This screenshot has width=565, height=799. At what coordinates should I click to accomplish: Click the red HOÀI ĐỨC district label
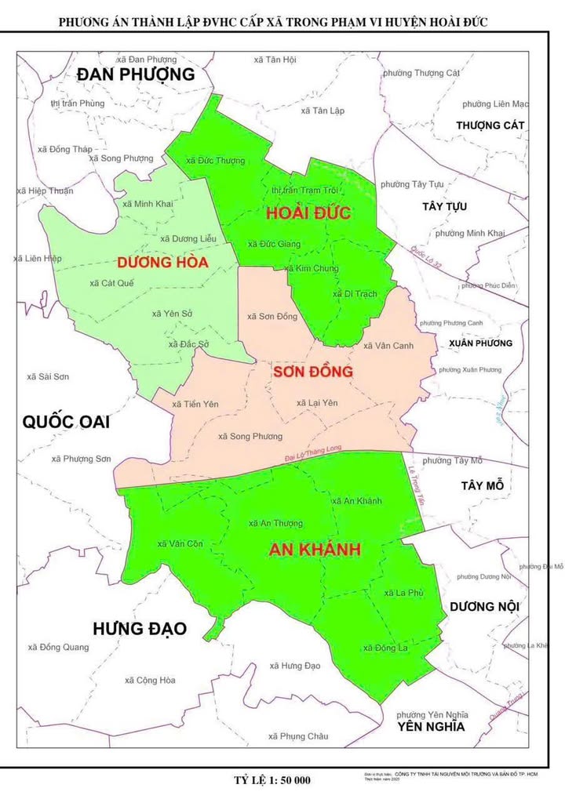[x=308, y=213]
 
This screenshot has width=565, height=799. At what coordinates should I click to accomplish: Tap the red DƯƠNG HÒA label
[x=162, y=263]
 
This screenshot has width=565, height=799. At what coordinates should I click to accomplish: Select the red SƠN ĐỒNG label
[x=312, y=371]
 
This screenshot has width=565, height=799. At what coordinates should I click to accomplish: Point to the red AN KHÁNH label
[x=314, y=550]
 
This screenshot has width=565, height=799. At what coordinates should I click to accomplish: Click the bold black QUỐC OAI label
[x=66, y=422]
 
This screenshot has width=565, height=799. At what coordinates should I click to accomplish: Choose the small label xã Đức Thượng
[x=215, y=161]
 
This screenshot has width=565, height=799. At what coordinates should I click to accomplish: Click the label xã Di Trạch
[x=355, y=294]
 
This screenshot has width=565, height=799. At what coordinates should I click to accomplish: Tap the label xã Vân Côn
[x=180, y=543]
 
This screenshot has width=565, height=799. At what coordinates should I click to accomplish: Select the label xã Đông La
[x=385, y=648]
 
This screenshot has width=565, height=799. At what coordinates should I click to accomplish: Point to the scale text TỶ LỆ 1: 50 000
[x=272, y=780]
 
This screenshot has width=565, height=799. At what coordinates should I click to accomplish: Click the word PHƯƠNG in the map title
[x=86, y=22]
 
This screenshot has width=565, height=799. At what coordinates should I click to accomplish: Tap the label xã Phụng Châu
[x=297, y=736]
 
